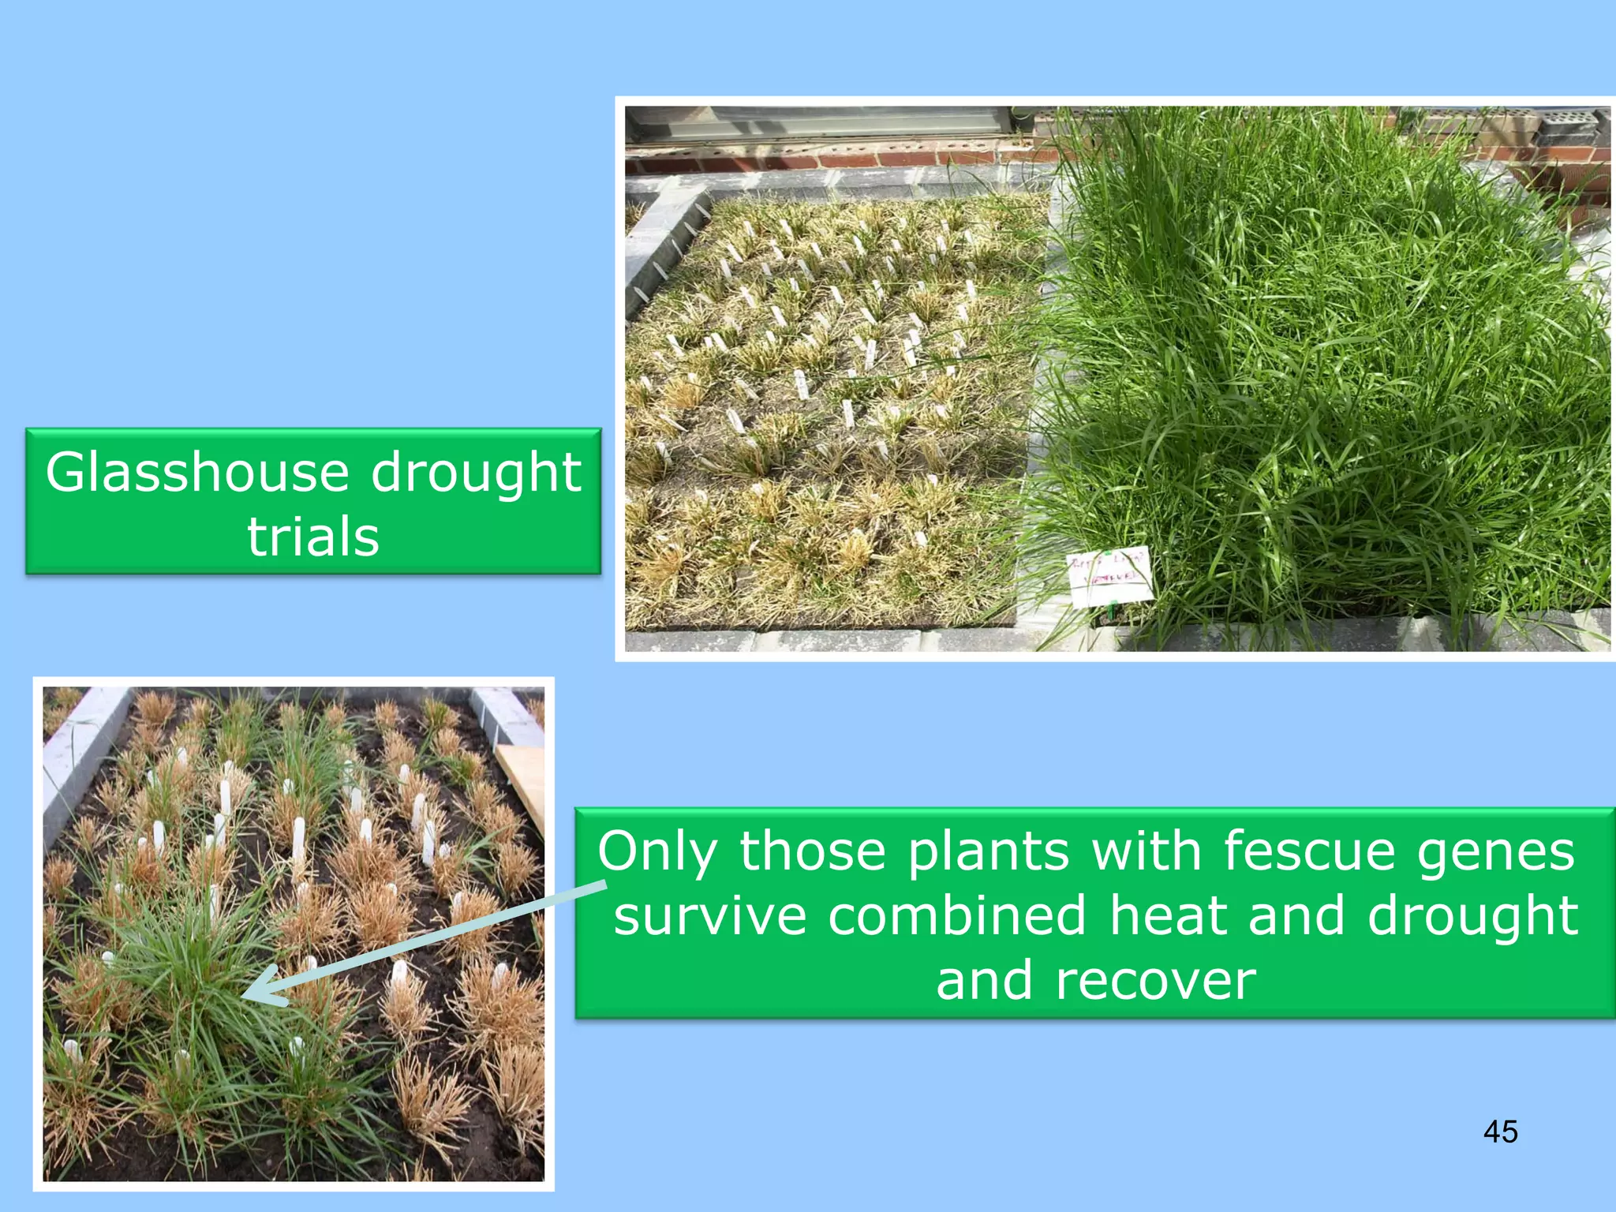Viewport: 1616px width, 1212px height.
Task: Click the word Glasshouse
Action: pyautogui.click(x=196, y=473)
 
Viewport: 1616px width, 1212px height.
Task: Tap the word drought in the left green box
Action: pyautogui.click(x=476, y=473)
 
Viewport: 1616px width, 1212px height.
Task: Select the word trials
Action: pyautogui.click(x=313, y=537)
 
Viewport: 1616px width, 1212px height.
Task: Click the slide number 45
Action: pyautogui.click(x=1500, y=1132)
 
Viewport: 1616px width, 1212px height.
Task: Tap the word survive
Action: pyautogui.click(x=710, y=917)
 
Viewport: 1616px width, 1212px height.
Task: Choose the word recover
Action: pyautogui.click(x=1154, y=981)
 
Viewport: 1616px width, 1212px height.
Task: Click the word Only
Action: pyautogui.click(x=657, y=852)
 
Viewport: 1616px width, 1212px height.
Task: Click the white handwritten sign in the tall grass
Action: pyautogui.click(x=1109, y=577)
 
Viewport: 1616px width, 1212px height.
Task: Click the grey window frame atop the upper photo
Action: pyautogui.click(x=821, y=124)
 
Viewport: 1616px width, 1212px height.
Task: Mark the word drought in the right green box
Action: pyautogui.click(x=1472, y=917)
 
